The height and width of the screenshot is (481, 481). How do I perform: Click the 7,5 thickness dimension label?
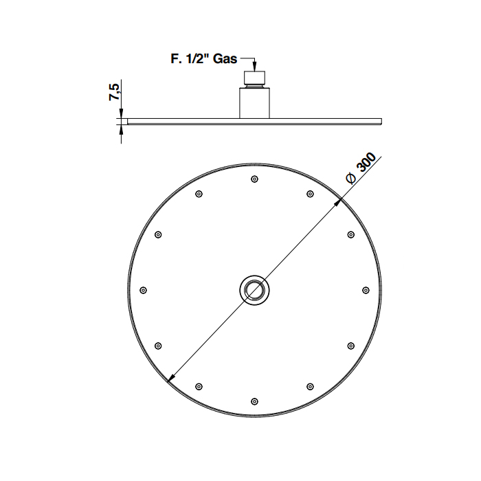[115, 91]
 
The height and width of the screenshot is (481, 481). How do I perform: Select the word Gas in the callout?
[225, 58]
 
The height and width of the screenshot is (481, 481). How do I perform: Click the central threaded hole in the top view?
[254, 290]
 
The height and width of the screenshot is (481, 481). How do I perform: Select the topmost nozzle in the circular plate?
[254, 179]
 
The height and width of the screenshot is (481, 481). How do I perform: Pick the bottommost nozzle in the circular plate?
[254, 401]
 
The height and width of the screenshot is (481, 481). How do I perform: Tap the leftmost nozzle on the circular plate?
[143, 290]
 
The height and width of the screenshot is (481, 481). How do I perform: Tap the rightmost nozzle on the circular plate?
[366, 290]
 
